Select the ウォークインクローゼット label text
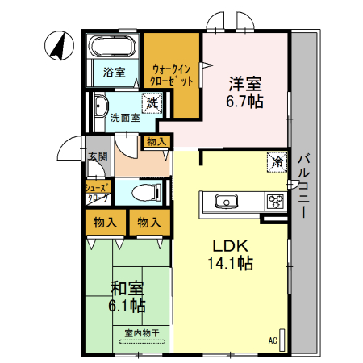pyautogui.click(x=171, y=75)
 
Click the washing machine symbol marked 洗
pyautogui.click(x=151, y=102)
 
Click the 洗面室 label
pyautogui.click(x=124, y=118)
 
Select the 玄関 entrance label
pyautogui.click(x=98, y=156)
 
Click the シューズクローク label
pyautogui.click(x=98, y=191)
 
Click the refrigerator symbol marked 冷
pyautogui.click(x=277, y=161)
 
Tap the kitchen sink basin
pyautogui.click(x=223, y=201)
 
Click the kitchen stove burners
pyautogui.click(x=275, y=201)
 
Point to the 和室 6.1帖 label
pyautogui.click(x=127, y=295)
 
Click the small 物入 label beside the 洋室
pyautogui.click(x=156, y=142)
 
